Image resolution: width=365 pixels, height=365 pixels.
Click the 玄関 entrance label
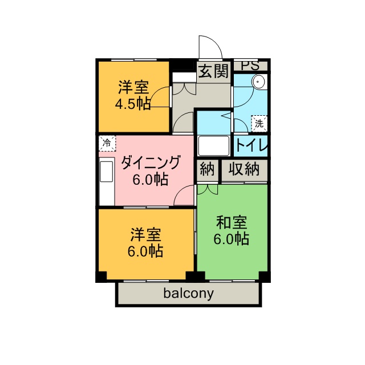click(214, 71)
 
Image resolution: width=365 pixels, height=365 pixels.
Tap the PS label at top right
click(250, 66)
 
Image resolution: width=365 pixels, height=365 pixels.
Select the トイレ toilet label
click(252, 145)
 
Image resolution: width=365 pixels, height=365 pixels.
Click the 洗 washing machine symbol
click(259, 122)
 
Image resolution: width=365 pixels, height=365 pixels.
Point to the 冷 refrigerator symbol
click(107, 142)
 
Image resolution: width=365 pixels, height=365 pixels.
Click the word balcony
click(189, 294)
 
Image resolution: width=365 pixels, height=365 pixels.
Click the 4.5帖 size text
click(133, 104)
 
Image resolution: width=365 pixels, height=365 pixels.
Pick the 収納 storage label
click(245, 169)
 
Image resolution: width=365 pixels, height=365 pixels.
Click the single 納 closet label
click(207, 169)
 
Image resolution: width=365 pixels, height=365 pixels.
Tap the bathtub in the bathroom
click(214, 146)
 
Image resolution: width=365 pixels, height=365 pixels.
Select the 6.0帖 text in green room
click(232, 239)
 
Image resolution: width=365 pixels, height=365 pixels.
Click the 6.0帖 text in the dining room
click(150, 180)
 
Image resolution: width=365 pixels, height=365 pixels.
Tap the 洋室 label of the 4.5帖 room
click(133, 88)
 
